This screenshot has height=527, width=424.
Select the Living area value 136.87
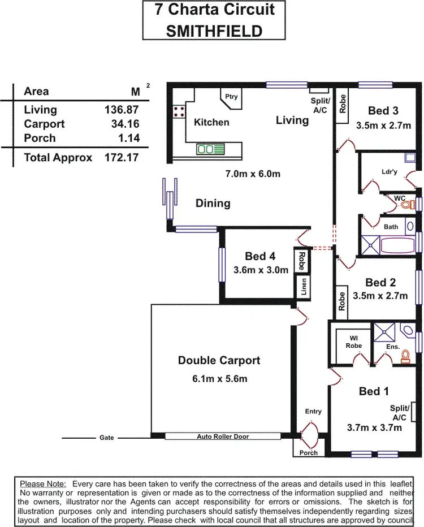122,110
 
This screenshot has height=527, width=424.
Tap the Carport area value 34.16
126,124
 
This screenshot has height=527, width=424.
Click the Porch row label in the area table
40,138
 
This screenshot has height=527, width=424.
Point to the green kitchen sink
210,149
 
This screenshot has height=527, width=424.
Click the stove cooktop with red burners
180,111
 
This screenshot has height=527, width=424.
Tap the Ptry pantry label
231,97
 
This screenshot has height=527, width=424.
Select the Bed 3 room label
383,110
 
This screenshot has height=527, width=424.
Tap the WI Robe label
355,342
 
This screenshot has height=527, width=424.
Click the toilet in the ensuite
405,356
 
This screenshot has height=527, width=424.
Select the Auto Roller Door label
222,437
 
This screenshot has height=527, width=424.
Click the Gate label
106,438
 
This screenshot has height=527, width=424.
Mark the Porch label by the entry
309,452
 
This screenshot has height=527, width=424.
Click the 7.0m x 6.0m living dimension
253,174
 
